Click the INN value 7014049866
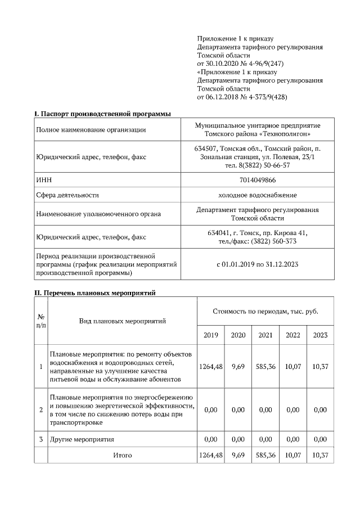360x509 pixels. [257, 179]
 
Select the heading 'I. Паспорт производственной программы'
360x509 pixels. [103, 114]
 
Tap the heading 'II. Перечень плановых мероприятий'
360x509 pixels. [95, 293]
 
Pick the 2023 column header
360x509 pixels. [320, 335]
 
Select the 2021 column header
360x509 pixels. [265, 335]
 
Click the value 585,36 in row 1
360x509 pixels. [265, 366]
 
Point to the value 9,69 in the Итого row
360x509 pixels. [238, 455]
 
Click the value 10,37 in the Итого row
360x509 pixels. [320, 455]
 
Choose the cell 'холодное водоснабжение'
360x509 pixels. [257, 195]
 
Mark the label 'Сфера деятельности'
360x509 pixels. [67, 195]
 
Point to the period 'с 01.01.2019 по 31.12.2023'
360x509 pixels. [257, 263]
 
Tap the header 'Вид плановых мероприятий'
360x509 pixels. [122, 321]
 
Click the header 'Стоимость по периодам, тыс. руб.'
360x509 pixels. [265, 311]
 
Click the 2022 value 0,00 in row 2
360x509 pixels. [292, 410]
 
